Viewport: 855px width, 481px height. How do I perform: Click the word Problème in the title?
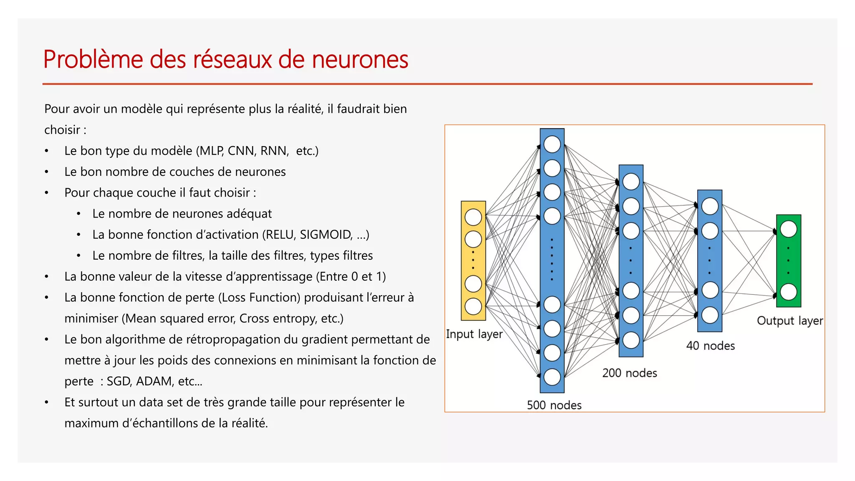point(93,59)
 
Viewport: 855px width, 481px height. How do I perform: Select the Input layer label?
point(474,334)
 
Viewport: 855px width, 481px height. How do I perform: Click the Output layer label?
point(789,321)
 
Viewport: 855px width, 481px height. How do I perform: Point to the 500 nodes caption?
point(554,405)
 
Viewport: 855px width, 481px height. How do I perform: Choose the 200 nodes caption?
point(630,373)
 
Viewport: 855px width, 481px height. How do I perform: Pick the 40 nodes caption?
point(710,346)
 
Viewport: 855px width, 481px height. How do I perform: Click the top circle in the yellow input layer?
point(473,217)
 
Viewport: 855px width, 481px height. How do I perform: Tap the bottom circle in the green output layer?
point(788,292)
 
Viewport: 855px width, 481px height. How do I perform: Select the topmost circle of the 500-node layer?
point(552,144)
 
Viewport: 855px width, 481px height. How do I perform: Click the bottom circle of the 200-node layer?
point(631,340)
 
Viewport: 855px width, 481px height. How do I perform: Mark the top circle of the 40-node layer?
point(710,206)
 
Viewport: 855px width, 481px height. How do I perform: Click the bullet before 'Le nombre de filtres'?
point(78,256)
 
